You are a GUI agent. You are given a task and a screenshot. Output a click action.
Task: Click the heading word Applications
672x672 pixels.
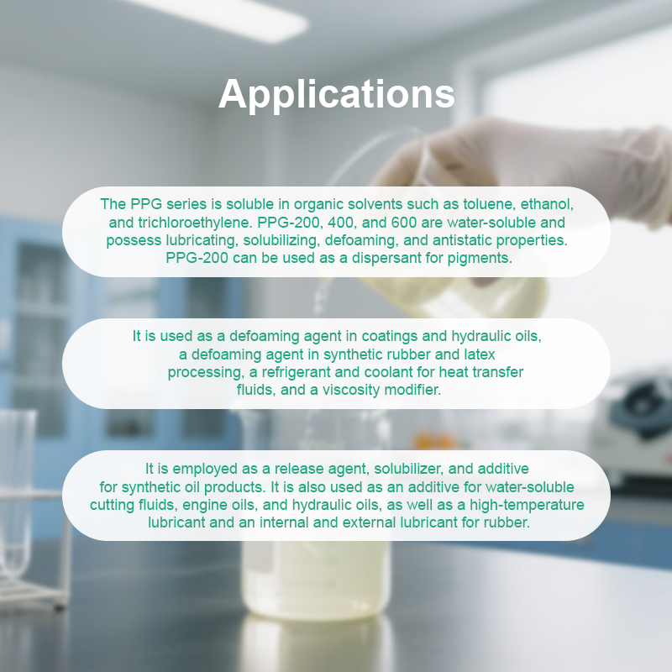click(336, 94)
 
